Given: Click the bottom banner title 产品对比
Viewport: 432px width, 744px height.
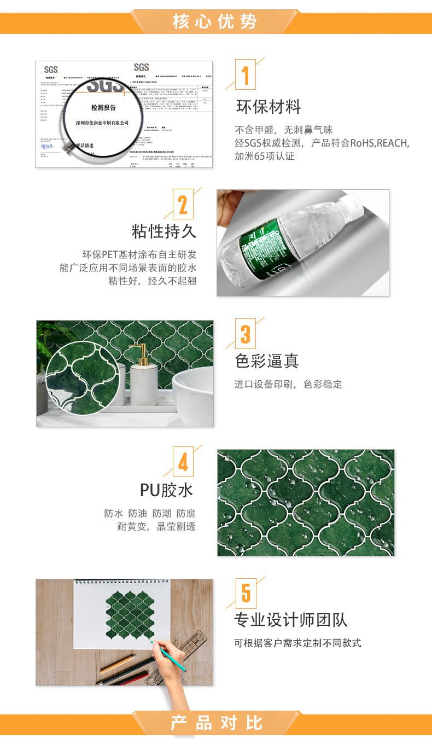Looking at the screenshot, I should point(216,723).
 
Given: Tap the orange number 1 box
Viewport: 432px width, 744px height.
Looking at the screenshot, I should point(246,75).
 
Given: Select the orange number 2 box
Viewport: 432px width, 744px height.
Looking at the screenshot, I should point(183,205).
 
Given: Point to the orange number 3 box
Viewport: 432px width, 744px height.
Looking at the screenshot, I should point(246,334).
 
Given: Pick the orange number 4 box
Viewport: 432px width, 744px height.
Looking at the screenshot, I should point(183,462).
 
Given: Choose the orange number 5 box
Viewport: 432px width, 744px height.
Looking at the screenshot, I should point(246,592).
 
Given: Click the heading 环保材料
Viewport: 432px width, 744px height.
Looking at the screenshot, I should point(268,107).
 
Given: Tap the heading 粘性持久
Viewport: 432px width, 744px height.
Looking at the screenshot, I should point(164,231).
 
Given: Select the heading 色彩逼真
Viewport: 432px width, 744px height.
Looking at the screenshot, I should point(267,361).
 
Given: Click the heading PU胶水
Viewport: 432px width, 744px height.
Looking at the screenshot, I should point(166,490).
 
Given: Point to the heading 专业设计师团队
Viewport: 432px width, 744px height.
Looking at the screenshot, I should point(291,620).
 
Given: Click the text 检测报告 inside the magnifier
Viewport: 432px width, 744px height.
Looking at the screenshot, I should point(103,108).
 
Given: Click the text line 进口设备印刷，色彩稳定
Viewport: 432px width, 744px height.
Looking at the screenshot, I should point(288,385).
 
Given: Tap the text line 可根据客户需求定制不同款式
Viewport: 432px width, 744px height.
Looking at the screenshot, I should point(297,643).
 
